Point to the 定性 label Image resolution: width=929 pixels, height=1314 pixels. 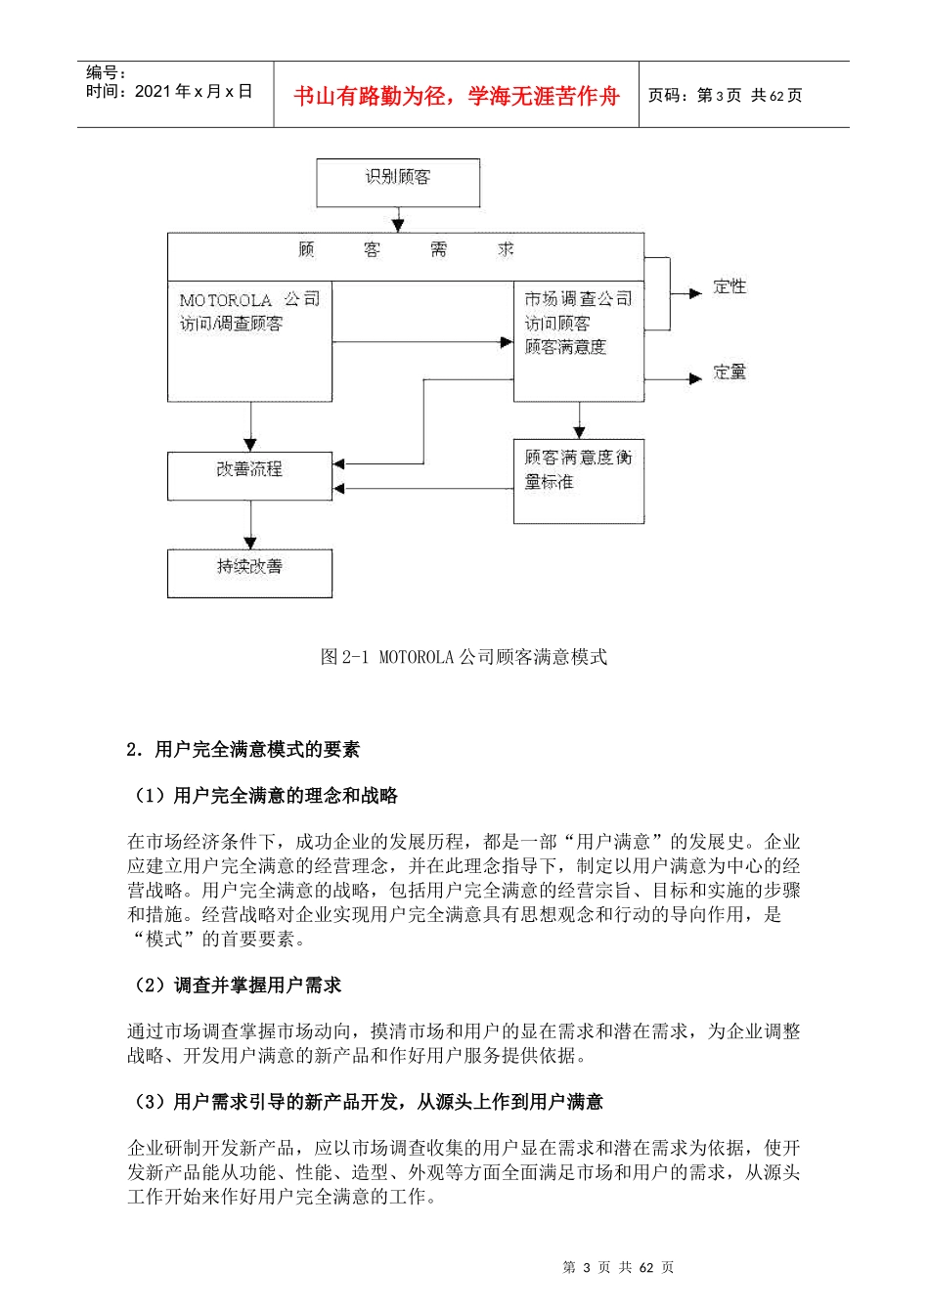pos(730,286)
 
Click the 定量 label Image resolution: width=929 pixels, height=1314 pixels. pos(730,372)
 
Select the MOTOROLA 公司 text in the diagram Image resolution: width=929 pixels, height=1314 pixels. pos(248,299)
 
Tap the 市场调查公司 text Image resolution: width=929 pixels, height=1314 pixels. pos(578,298)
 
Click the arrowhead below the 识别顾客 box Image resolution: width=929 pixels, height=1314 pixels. pos(398,225)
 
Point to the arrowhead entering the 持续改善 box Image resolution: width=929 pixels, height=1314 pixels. pos(250,543)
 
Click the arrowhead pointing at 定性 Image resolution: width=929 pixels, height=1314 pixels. pos(695,292)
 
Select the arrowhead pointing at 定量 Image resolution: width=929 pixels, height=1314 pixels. pos(695,378)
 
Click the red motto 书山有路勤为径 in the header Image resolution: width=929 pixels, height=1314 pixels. pos(457,96)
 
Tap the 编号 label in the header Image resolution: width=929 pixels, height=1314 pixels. pos(106,72)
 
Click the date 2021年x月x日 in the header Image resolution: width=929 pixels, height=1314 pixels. pos(193,92)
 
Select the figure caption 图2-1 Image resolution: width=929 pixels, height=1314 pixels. pos(464,657)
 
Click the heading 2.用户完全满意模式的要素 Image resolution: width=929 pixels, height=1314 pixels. pos(243,750)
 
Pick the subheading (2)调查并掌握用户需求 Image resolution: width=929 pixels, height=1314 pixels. pos(235,985)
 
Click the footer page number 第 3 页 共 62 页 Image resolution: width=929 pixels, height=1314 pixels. pos(618,1267)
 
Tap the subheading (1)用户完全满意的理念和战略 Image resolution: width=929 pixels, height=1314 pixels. pos(263,796)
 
